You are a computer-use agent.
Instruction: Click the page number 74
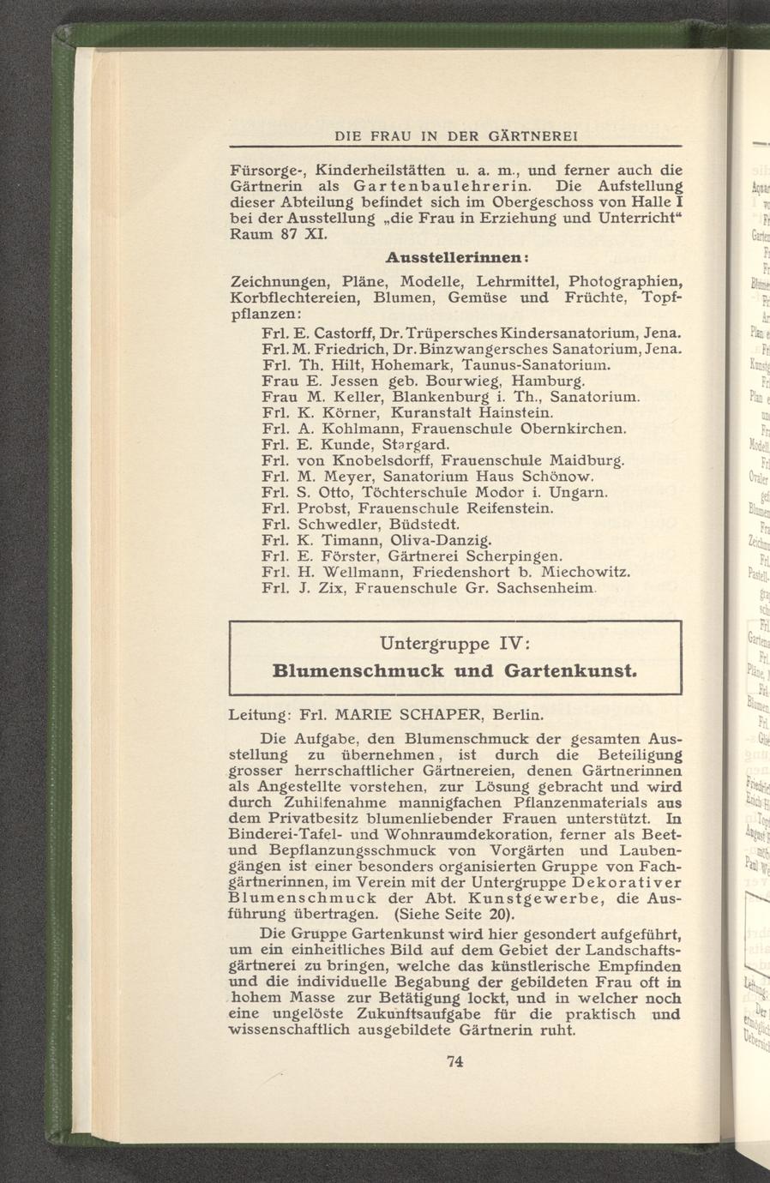coord(455,1062)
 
